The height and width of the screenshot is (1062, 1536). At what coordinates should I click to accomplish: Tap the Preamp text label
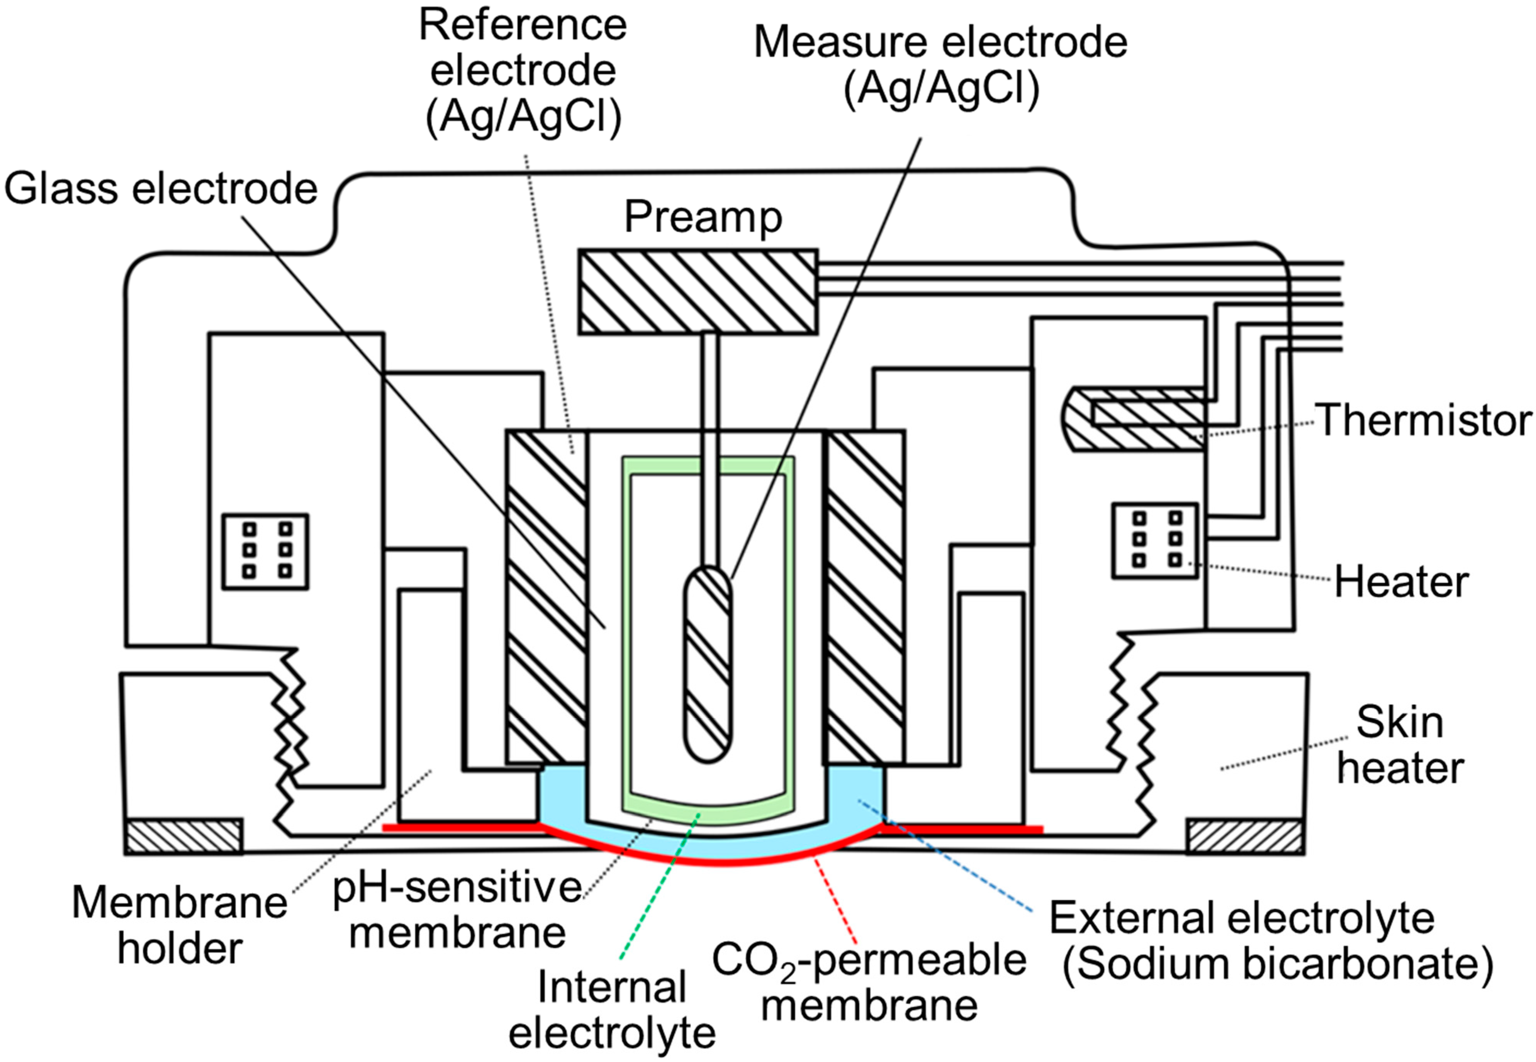(703, 218)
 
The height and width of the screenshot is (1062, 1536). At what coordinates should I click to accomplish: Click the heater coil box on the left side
(265, 551)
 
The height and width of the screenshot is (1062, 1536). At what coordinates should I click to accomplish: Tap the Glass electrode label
(161, 189)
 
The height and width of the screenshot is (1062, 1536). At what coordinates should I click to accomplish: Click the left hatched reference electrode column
(546, 597)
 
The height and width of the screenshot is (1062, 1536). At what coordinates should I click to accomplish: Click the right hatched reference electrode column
(865, 597)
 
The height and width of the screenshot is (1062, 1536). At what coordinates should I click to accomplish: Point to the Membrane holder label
(180, 925)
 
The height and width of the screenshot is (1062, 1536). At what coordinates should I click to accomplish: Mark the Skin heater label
(1400, 745)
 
